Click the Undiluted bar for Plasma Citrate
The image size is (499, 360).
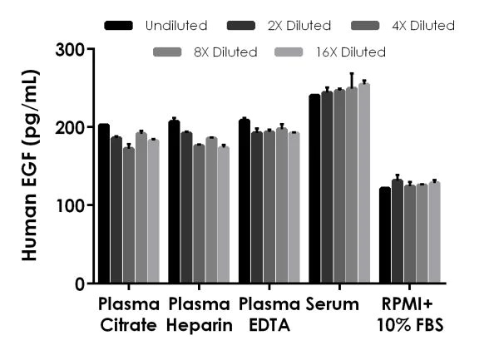(x=104, y=204)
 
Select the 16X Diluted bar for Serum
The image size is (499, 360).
(x=363, y=183)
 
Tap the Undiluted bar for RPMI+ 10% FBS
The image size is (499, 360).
(x=385, y=235)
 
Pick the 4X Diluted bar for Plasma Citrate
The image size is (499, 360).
(x=128, y=215)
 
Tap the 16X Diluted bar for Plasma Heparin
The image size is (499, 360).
(x=223, y=215)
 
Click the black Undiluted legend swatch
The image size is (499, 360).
(x=119, y=26)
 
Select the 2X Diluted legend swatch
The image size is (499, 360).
(x=240, y=26)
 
